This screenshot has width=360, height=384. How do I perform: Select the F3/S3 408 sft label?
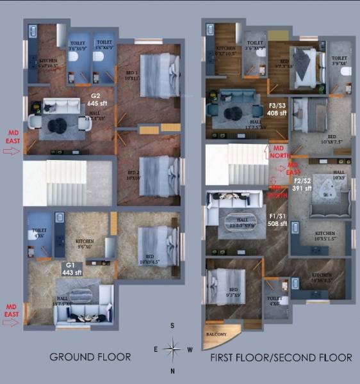click(x=278, y=109)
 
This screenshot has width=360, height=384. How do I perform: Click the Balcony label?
click(x=215, y=334)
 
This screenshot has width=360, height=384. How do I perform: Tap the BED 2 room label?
click(x=133, y=175)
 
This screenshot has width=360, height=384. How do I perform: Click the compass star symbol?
click(x=172, y=349)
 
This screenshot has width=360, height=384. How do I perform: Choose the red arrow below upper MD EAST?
click(x=12, y=152)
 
